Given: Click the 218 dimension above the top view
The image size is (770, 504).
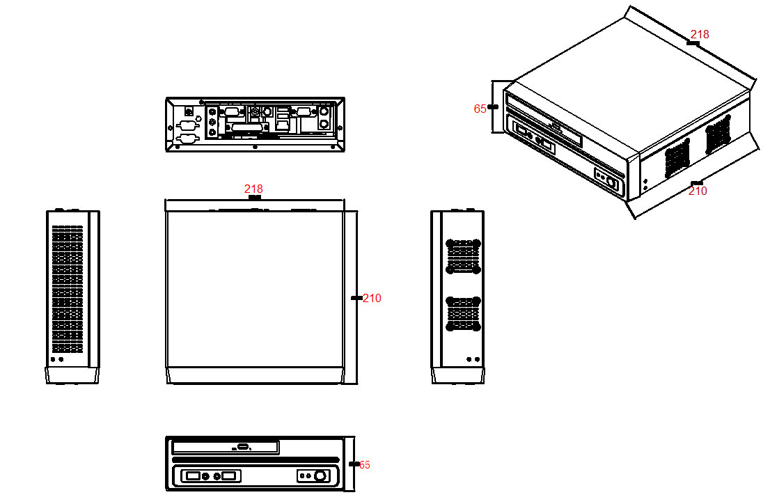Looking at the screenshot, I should point(253,189).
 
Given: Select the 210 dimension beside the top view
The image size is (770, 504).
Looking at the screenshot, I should point(372,298).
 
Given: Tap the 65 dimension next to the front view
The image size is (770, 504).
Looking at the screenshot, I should point(364,464).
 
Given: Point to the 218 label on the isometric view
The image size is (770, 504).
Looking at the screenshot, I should point(700,34).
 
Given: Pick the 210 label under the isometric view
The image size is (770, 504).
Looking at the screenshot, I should point(698,191).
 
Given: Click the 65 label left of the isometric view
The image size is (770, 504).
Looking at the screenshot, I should point(480,109).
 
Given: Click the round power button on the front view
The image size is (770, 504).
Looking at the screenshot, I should point(320,476).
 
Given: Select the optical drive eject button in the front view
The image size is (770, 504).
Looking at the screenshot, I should point(243,447).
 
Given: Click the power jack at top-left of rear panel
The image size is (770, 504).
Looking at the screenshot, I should point(188,110).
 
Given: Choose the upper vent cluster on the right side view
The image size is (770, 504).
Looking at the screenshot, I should point(463,256).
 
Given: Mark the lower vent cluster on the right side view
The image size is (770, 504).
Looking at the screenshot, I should point(463,313).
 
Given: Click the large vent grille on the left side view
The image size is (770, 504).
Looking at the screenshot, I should point(68,289).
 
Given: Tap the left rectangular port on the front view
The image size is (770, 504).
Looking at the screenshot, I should point(191,476).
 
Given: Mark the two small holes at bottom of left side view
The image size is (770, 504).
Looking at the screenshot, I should point(57,360).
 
